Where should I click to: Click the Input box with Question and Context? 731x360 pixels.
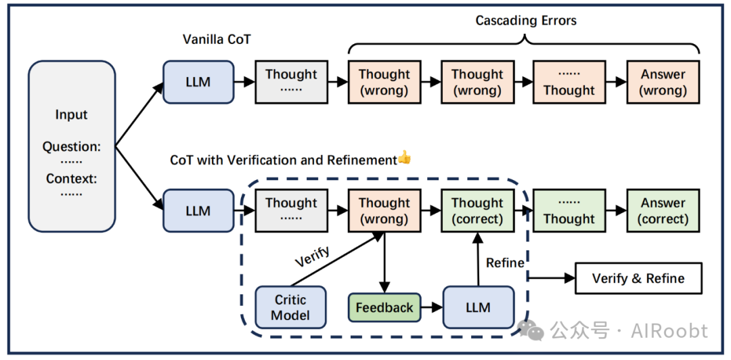click(x=72, y=146)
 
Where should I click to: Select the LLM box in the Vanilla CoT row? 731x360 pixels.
click(x=198, y=82)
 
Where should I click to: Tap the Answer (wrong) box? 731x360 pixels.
click(x=663, y=82)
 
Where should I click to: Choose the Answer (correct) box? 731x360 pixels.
click(x=663, y=210)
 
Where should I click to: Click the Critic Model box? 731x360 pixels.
click(x=290, y=307)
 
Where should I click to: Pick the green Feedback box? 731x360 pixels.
click(x=384, y=307)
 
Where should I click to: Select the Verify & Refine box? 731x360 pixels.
click(x=638, y=278)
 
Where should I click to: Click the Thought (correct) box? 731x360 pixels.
click(x=477, y=210)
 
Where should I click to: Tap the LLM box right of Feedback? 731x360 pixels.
click(x=478, y=307)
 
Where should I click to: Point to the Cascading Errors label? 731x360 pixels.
click(x=526, y=20)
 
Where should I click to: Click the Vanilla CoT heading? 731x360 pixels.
click(x=217, y=39)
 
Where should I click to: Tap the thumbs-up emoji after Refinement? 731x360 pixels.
click(x=404, y=159)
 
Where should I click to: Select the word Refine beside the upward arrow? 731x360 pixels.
click(x=506, y=263)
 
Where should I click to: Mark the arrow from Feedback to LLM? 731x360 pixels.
click(x=432, y=307)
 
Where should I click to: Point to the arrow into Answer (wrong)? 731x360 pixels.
click(x=616, y=82)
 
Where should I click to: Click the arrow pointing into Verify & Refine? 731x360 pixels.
click(x=552, y=278)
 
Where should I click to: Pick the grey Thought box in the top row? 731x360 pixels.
click(x=290, y=82)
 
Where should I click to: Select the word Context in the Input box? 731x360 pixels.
click(x=72, y=178)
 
